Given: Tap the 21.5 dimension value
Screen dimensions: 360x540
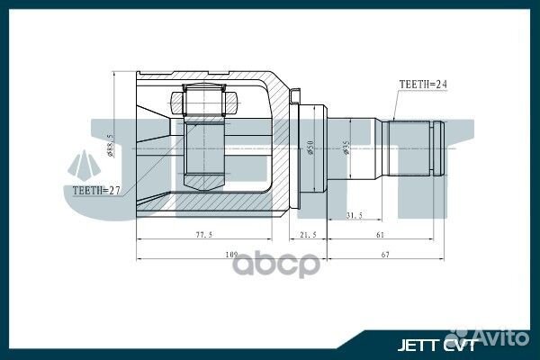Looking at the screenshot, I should tap(309, 235).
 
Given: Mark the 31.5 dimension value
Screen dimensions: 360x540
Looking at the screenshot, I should tap(354, 215).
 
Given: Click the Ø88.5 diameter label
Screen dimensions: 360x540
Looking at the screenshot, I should tap(109, 144).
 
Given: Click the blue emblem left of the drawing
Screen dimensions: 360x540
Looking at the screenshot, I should tap(85, 165).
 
